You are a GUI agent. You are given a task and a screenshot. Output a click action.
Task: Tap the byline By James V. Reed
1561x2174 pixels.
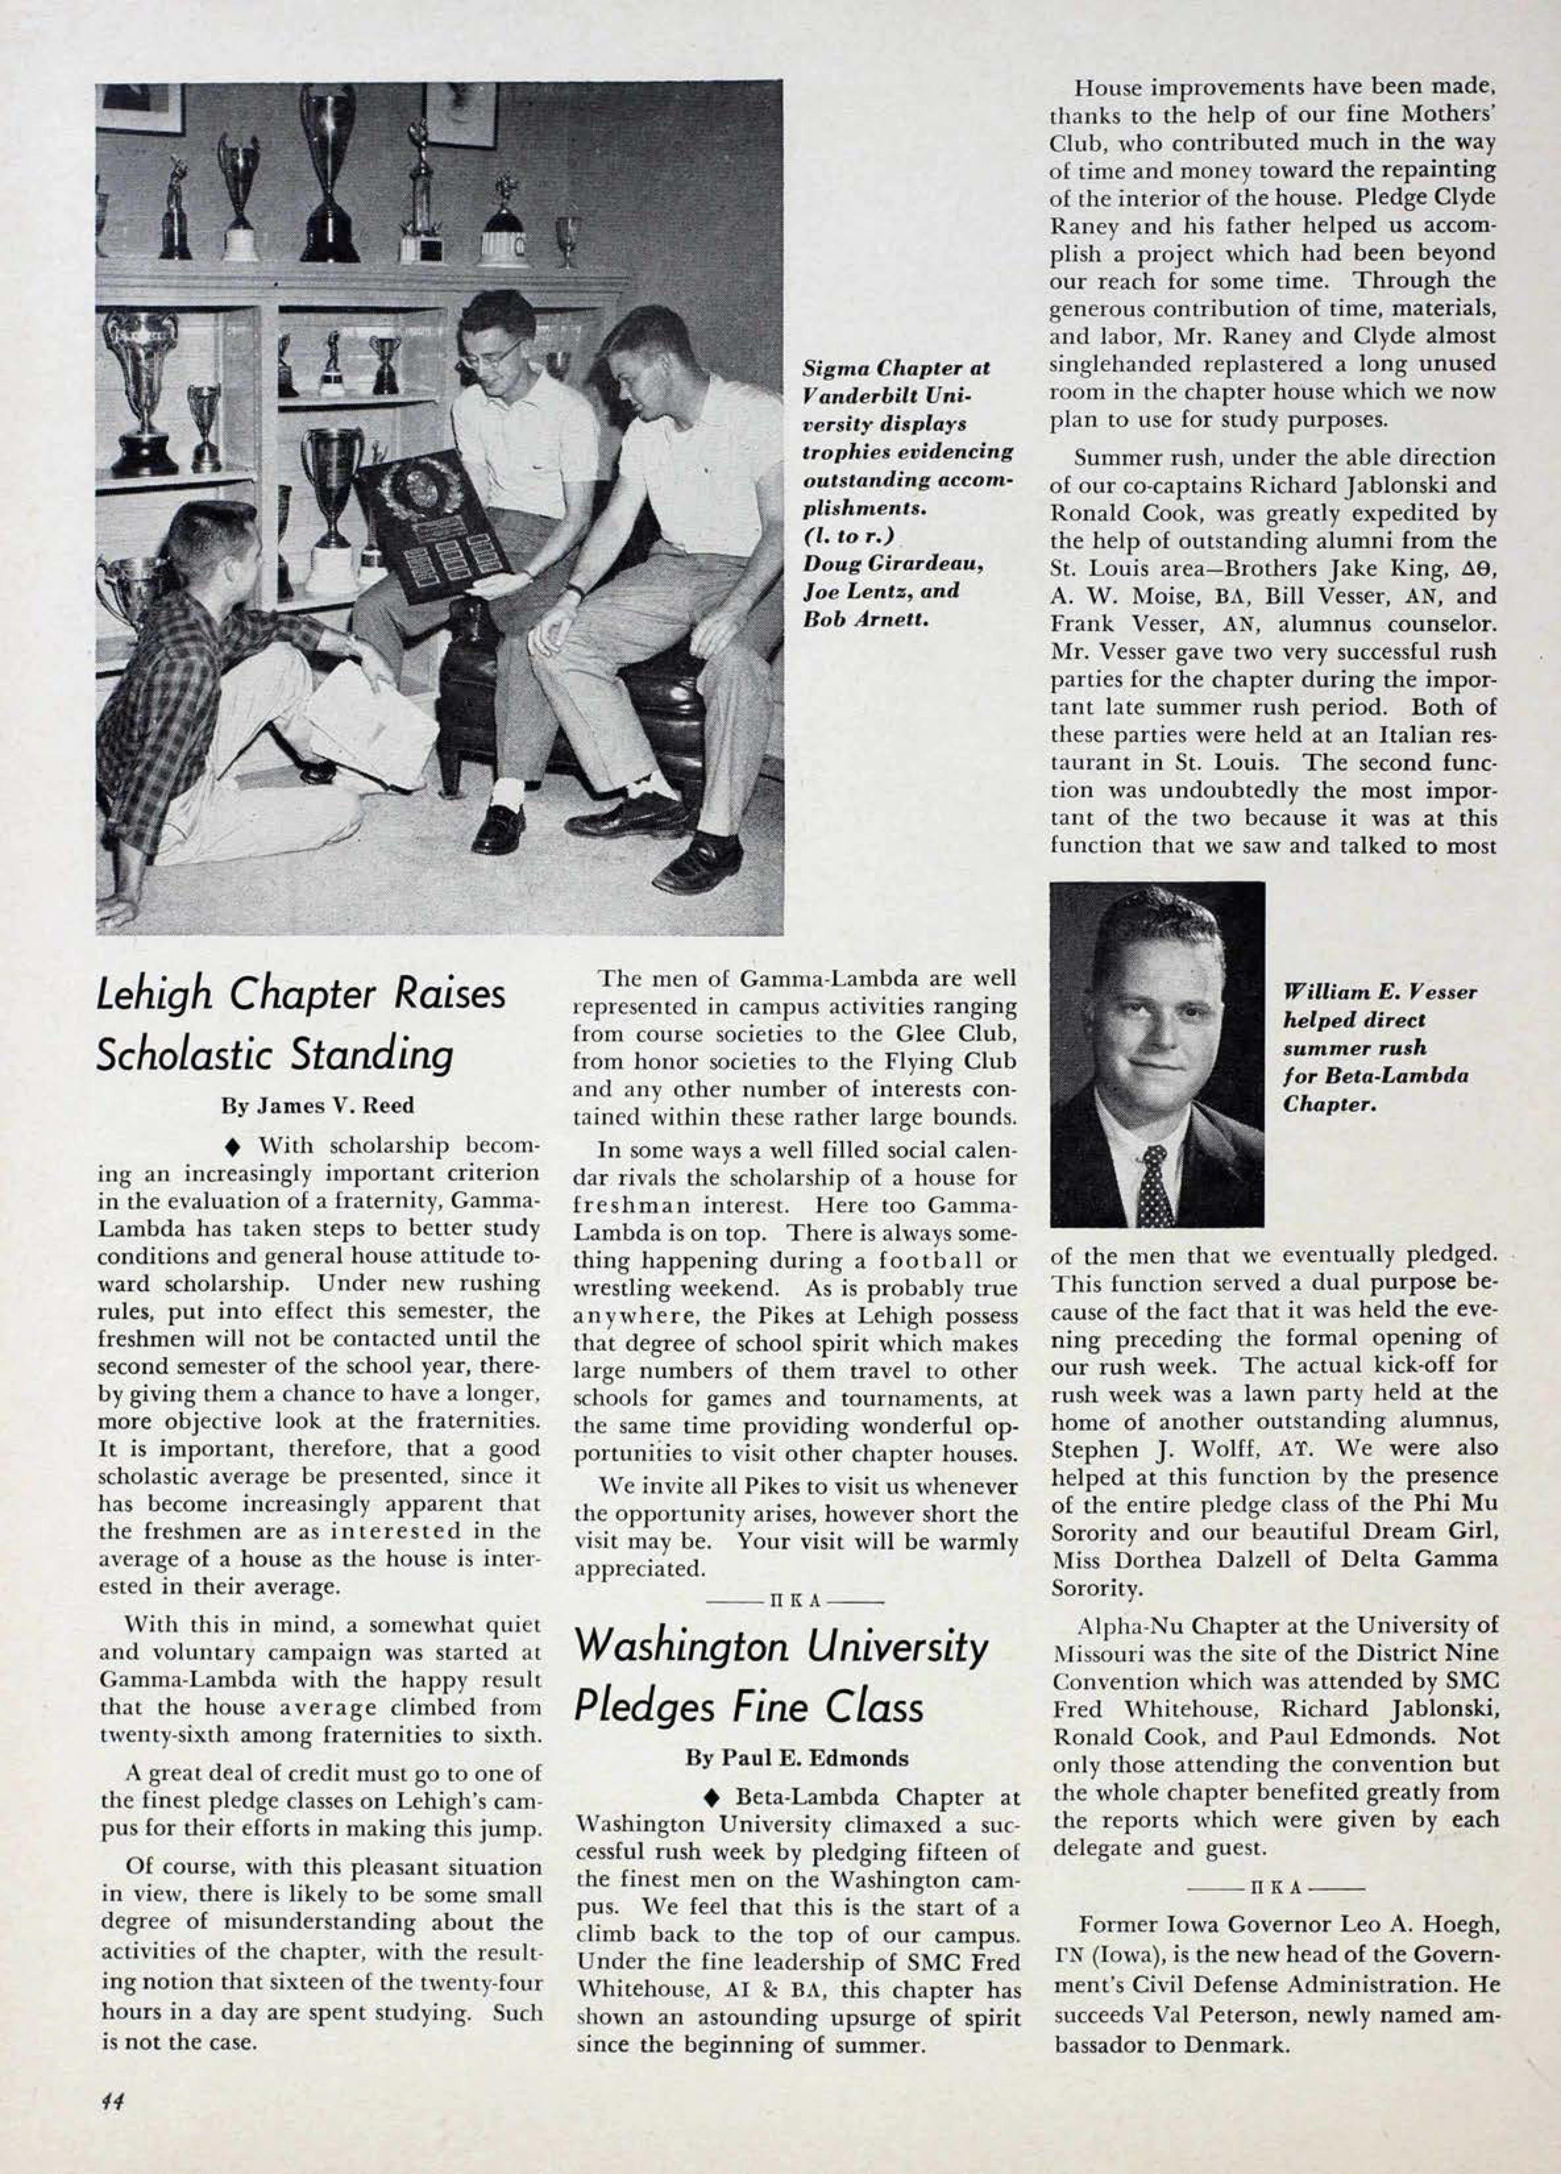pyautogui.click(x=318, y=1105)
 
